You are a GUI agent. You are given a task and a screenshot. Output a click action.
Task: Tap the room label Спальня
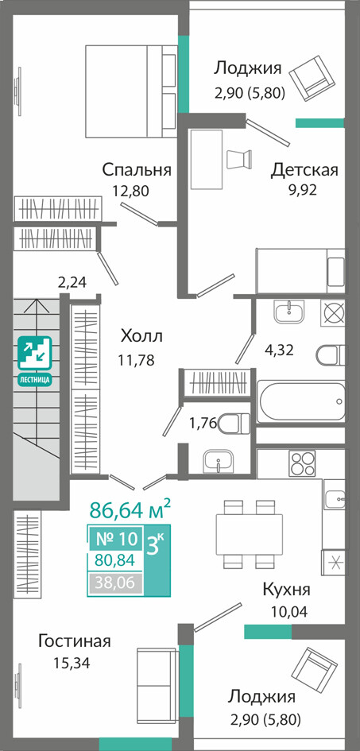pyautogui.click(x=137, y=169)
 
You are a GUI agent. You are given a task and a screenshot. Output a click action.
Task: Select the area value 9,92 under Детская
pyautogui.click(x=302, y=190)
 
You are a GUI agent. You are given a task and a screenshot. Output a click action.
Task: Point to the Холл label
pyautogui.click(x=141, y=335)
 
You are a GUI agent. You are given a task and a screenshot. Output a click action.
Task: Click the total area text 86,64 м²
pyautogui.click(x=130, y=509)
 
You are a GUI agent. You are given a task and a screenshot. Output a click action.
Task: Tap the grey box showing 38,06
pyautogui.click(x=116, y=583)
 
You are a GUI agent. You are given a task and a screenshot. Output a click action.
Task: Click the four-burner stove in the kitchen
pyautogui.click(x=303, y=463)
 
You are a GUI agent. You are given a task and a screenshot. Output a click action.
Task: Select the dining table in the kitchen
pyautogui.click(x=249, y=533)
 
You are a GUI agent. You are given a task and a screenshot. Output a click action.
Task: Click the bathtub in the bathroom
pyautogui.click(x=301, y=401)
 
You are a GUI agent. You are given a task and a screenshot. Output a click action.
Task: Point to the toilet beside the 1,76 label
pyautogui.click(x=234, y=423)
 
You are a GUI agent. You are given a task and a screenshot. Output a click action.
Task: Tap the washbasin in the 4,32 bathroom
pyautogui.click(x=289, y=312)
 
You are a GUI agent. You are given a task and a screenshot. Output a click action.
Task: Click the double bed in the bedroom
pyautogui.click(x=130, y=91)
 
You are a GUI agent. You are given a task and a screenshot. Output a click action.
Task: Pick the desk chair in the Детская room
pyautogui.click(x=239, y=158)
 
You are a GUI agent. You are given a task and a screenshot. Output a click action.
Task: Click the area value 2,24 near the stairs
pyautogui.click(x=72, y=283)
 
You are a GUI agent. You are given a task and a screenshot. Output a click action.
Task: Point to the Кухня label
pyautogui.click(x=286, y=589)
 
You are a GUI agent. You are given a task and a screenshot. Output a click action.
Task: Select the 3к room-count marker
pyautogui.click(x=156, y=544)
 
